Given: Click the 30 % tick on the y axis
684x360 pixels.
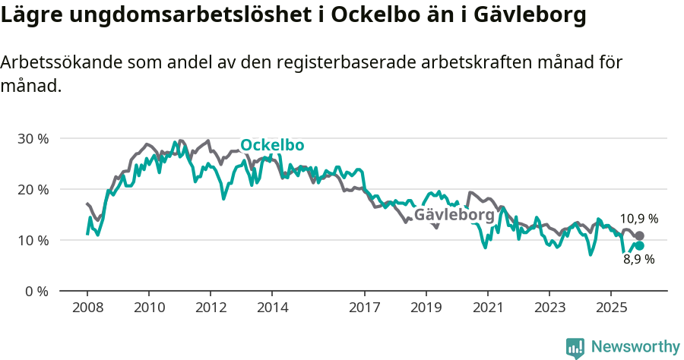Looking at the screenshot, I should (x=33, y=138).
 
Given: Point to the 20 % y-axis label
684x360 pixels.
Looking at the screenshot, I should (x=33, y=189).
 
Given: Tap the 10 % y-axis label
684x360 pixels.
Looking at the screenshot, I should (x=33, y=240).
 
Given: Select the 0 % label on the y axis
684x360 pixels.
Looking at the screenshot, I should (x=36, y=291).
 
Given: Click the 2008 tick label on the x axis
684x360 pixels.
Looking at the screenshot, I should (x=87, y=308).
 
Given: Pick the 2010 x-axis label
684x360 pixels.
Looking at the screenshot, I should (x=149, y=308).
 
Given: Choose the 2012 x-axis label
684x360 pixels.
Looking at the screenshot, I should (x=211, y=308).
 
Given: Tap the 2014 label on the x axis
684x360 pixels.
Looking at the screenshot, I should (x=272, y=308).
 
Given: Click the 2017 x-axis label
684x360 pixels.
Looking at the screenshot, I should (x=365, y=308).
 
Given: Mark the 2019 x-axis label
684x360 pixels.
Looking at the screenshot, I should (x=426, y=308).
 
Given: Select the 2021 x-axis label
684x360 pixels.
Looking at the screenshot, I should (x=488, y=308).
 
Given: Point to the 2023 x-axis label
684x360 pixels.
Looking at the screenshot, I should (x=549, y=308).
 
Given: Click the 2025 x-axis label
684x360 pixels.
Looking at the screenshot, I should (x=611, y=308).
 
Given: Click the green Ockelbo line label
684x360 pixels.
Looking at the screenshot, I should (x=272, y=145).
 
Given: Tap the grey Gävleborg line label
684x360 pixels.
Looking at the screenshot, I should (x=454, y=215).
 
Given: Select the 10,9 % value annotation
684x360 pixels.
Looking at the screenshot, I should (x=639, y=219).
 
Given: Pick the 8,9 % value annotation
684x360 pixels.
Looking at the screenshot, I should (x=639, y=259).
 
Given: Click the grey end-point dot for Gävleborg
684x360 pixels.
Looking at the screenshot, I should (x=639, y=235).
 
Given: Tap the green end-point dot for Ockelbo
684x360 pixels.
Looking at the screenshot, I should (x=639, y=245).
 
